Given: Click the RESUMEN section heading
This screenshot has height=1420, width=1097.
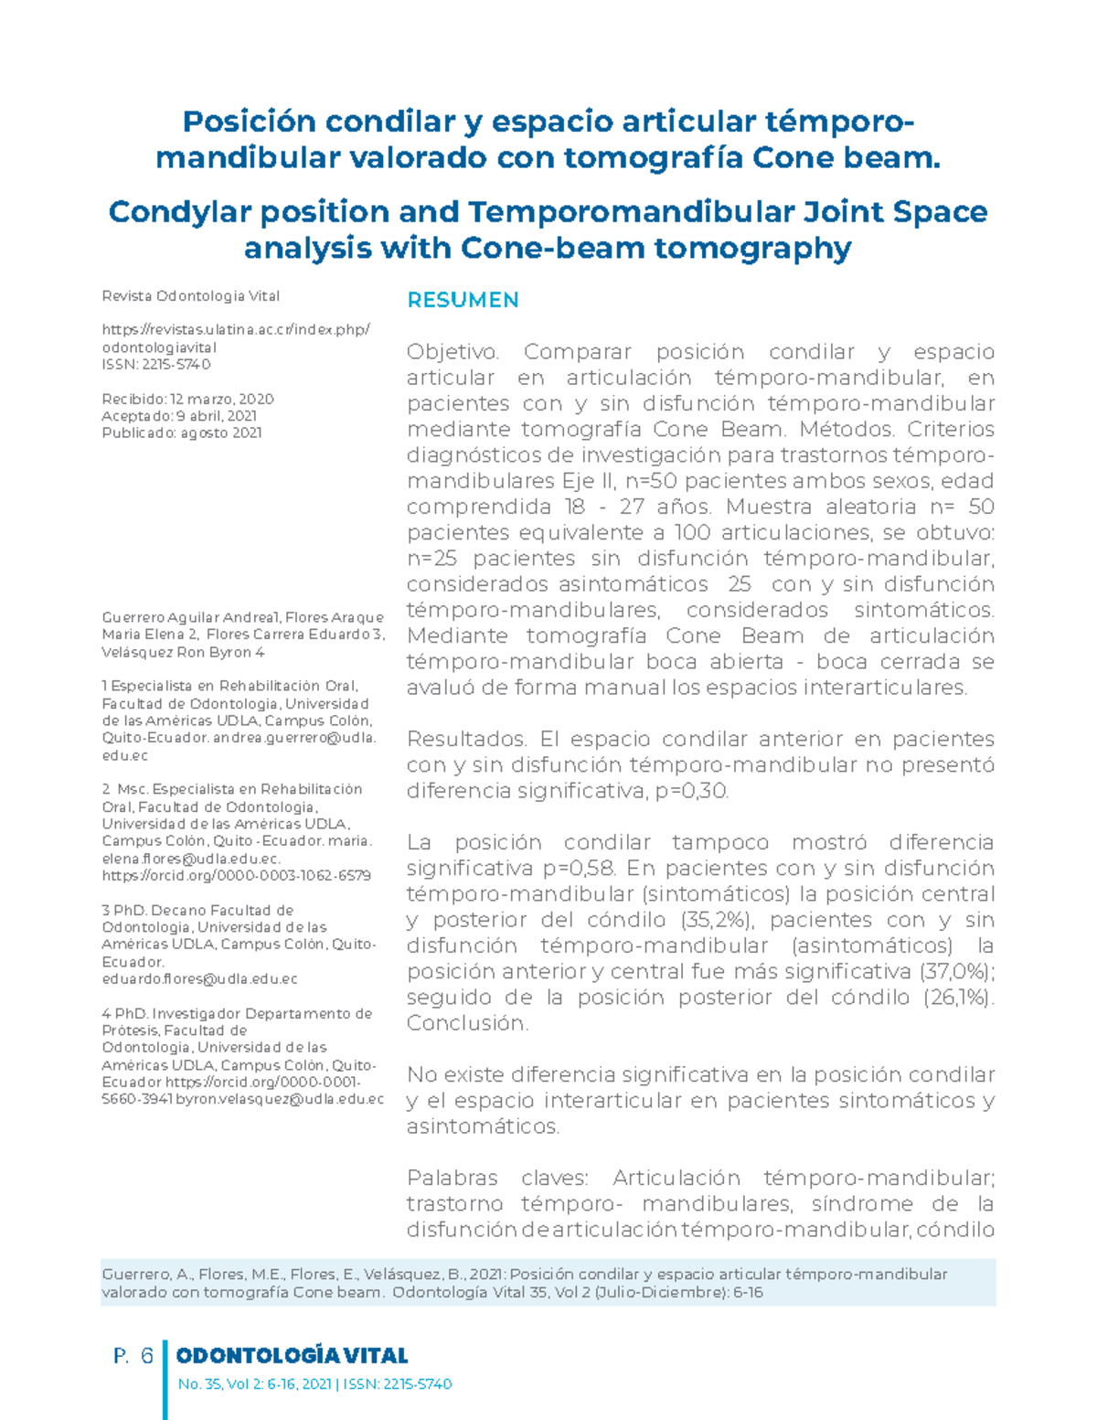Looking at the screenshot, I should click(463, 300).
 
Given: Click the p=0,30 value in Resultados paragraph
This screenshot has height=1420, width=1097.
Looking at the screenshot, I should click(692, 791).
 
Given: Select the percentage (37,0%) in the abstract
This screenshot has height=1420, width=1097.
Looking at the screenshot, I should click(958, 971).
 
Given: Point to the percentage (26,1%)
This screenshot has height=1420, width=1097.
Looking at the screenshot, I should click(958, 997).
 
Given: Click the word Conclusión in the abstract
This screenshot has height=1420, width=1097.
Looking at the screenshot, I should click(466, 1023).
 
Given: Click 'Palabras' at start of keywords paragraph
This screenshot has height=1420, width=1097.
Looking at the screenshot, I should click(452, 1178).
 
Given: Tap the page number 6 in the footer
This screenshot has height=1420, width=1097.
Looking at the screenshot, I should click(146, 1356).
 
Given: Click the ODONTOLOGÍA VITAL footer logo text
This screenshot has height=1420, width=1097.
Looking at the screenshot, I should click(292, 1356).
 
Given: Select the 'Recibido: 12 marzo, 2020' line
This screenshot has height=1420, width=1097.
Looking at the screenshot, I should click(187, 399).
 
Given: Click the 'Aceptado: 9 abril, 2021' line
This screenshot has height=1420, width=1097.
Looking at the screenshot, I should click(179, 416).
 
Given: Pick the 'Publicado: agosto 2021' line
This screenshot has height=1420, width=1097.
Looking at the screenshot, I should click(182, 432).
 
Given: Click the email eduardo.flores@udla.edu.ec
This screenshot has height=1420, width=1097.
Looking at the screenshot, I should click(199, 979).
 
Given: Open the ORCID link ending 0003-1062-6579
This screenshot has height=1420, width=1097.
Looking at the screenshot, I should click(236, 875).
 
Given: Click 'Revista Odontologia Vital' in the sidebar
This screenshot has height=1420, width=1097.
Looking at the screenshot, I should click(190, 296).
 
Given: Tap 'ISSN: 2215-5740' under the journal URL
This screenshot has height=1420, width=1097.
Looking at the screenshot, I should click(156, 364).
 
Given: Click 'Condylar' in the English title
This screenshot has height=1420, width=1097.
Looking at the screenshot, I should click(180, 212).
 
